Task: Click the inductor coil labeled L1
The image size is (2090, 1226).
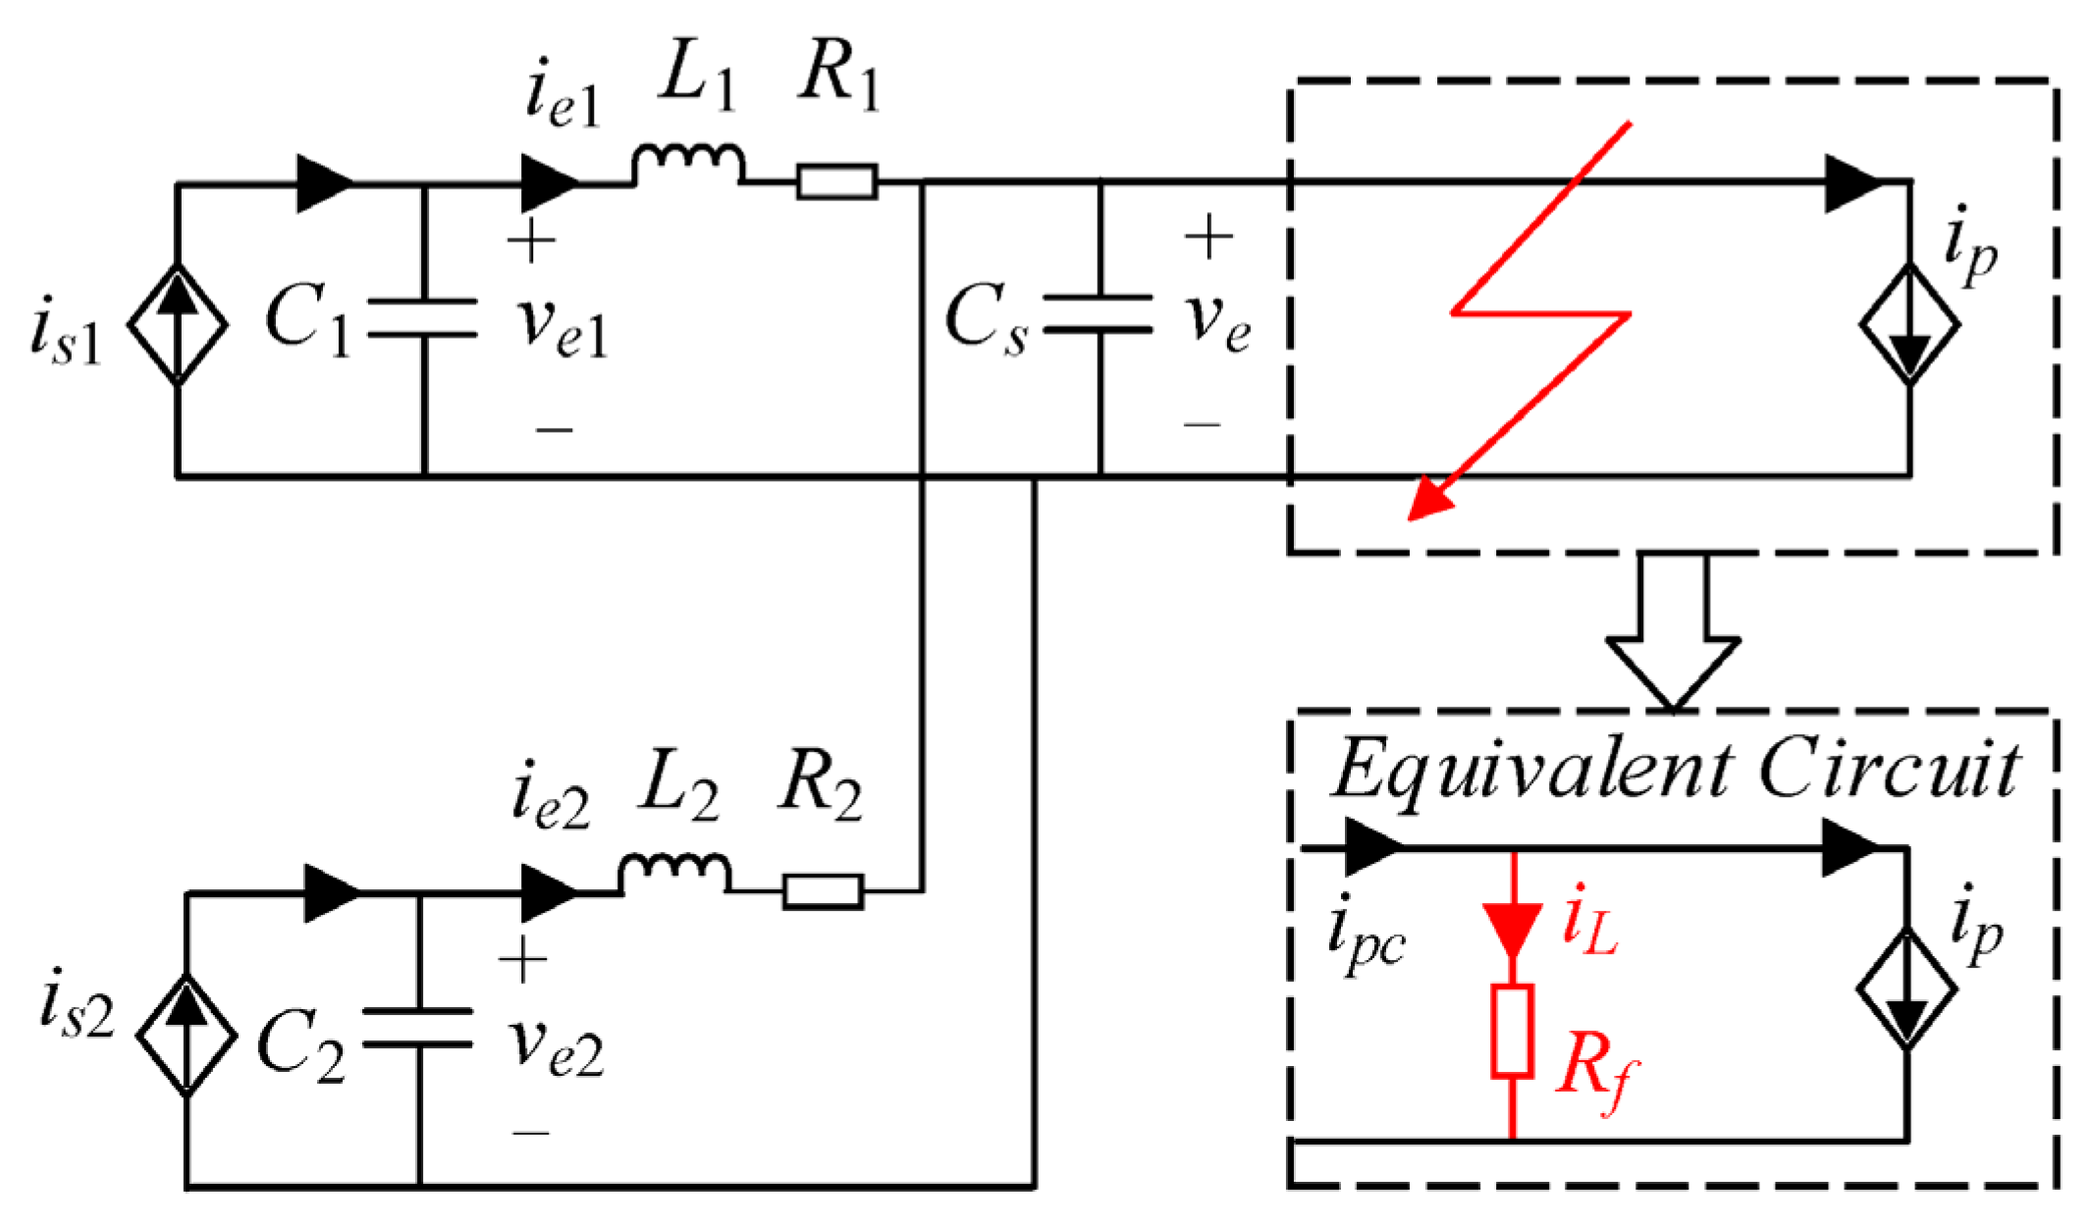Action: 687,165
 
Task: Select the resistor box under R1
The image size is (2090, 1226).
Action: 836,183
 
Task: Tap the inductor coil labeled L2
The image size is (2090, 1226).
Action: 673,874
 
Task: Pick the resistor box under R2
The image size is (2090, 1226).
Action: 823,891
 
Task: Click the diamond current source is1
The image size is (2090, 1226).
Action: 178,324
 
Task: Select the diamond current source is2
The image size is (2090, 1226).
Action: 186,1035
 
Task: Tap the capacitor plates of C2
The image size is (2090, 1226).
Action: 418,1027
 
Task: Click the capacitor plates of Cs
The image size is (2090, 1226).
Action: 1099,314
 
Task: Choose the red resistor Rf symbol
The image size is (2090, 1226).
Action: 1512,1032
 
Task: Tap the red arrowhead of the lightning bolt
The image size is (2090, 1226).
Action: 1429,502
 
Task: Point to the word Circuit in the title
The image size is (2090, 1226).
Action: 1889,771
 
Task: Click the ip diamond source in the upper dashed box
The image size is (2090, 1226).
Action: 1908,324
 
